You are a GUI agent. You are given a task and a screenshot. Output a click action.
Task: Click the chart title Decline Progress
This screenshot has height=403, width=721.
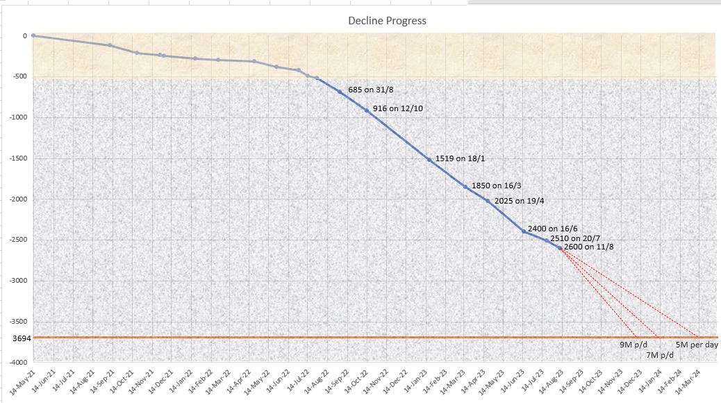pyautogui.click(x=387, y=21)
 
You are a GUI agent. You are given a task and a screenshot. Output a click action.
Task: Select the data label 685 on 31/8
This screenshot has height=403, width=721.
pyautogui.click(x=371, y=90)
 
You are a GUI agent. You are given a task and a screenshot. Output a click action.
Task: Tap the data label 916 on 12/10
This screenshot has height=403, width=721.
pyautogui.click(x=398, y=108)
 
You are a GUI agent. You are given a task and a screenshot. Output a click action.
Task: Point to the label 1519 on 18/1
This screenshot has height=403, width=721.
pyautogui.click(x=460, y=158)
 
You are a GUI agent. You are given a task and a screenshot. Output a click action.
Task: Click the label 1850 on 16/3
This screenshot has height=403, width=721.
pyautogui.click(x=496, y=186)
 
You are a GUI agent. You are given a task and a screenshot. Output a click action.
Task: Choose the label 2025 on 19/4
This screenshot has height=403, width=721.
pyautogui.click(x=519, y=201)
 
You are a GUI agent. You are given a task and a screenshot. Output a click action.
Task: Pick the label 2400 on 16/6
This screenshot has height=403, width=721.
pyautogui.click(x=552, y=229)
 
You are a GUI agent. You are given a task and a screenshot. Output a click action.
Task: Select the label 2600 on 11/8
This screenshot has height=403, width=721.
pyautogui.click(x=588, y=247)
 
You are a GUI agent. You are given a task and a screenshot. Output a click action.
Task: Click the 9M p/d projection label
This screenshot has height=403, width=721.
pyautogui.click(x=633, y=345)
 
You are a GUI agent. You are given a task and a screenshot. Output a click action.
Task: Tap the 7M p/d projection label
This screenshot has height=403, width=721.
pyautogui.click(x=660, y=355)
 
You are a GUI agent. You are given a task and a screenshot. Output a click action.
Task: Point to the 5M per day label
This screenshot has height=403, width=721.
pyautogui.click(x=697, y=345)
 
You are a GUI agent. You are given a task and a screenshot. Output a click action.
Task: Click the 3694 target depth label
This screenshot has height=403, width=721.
pyautogui.click(x=22, y=338)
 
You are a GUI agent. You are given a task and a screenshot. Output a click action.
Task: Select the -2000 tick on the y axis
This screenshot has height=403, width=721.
pyautogui.click(x=18, y=199)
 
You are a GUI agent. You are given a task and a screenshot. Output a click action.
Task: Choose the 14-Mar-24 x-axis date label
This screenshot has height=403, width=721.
pyautogui.click(x=688, y=381)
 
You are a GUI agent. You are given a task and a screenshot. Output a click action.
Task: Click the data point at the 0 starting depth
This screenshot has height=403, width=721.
pyautogui.click(x=33, y=35)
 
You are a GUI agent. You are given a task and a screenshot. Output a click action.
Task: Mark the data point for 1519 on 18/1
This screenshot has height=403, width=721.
pyautogui.click(x=429, y=160)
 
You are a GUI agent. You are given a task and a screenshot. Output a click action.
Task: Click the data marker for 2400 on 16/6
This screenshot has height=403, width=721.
pyautogui.click(x=524, y=231)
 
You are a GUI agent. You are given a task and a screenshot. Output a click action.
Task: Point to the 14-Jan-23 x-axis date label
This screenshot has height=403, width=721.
pyautogui.click(x=415, y=381)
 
